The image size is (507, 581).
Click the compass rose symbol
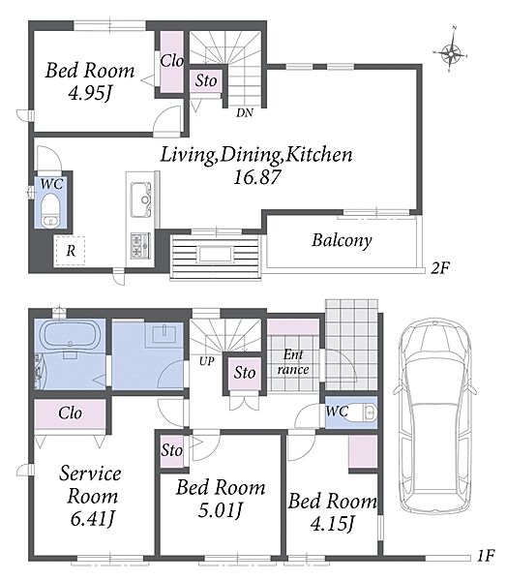point(450,54)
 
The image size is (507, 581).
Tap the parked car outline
point(435,416)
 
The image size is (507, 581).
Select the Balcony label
point(342,240)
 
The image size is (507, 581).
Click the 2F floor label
point(440,267)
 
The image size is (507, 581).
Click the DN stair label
point(245,112)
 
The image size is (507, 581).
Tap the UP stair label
point(206,360)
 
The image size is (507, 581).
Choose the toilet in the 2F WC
point(49,211)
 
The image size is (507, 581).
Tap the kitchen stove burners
point(140,245)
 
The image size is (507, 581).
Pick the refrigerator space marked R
point(70,251)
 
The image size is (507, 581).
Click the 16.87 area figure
point(257,177)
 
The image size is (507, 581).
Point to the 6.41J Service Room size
point(92,519)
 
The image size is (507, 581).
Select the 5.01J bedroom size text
point(221,510)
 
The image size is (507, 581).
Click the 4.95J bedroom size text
point(90,93)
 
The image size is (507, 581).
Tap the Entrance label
point(293,362)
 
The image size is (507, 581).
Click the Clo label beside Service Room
point(70,413)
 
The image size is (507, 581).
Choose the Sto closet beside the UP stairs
point(245,373)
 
